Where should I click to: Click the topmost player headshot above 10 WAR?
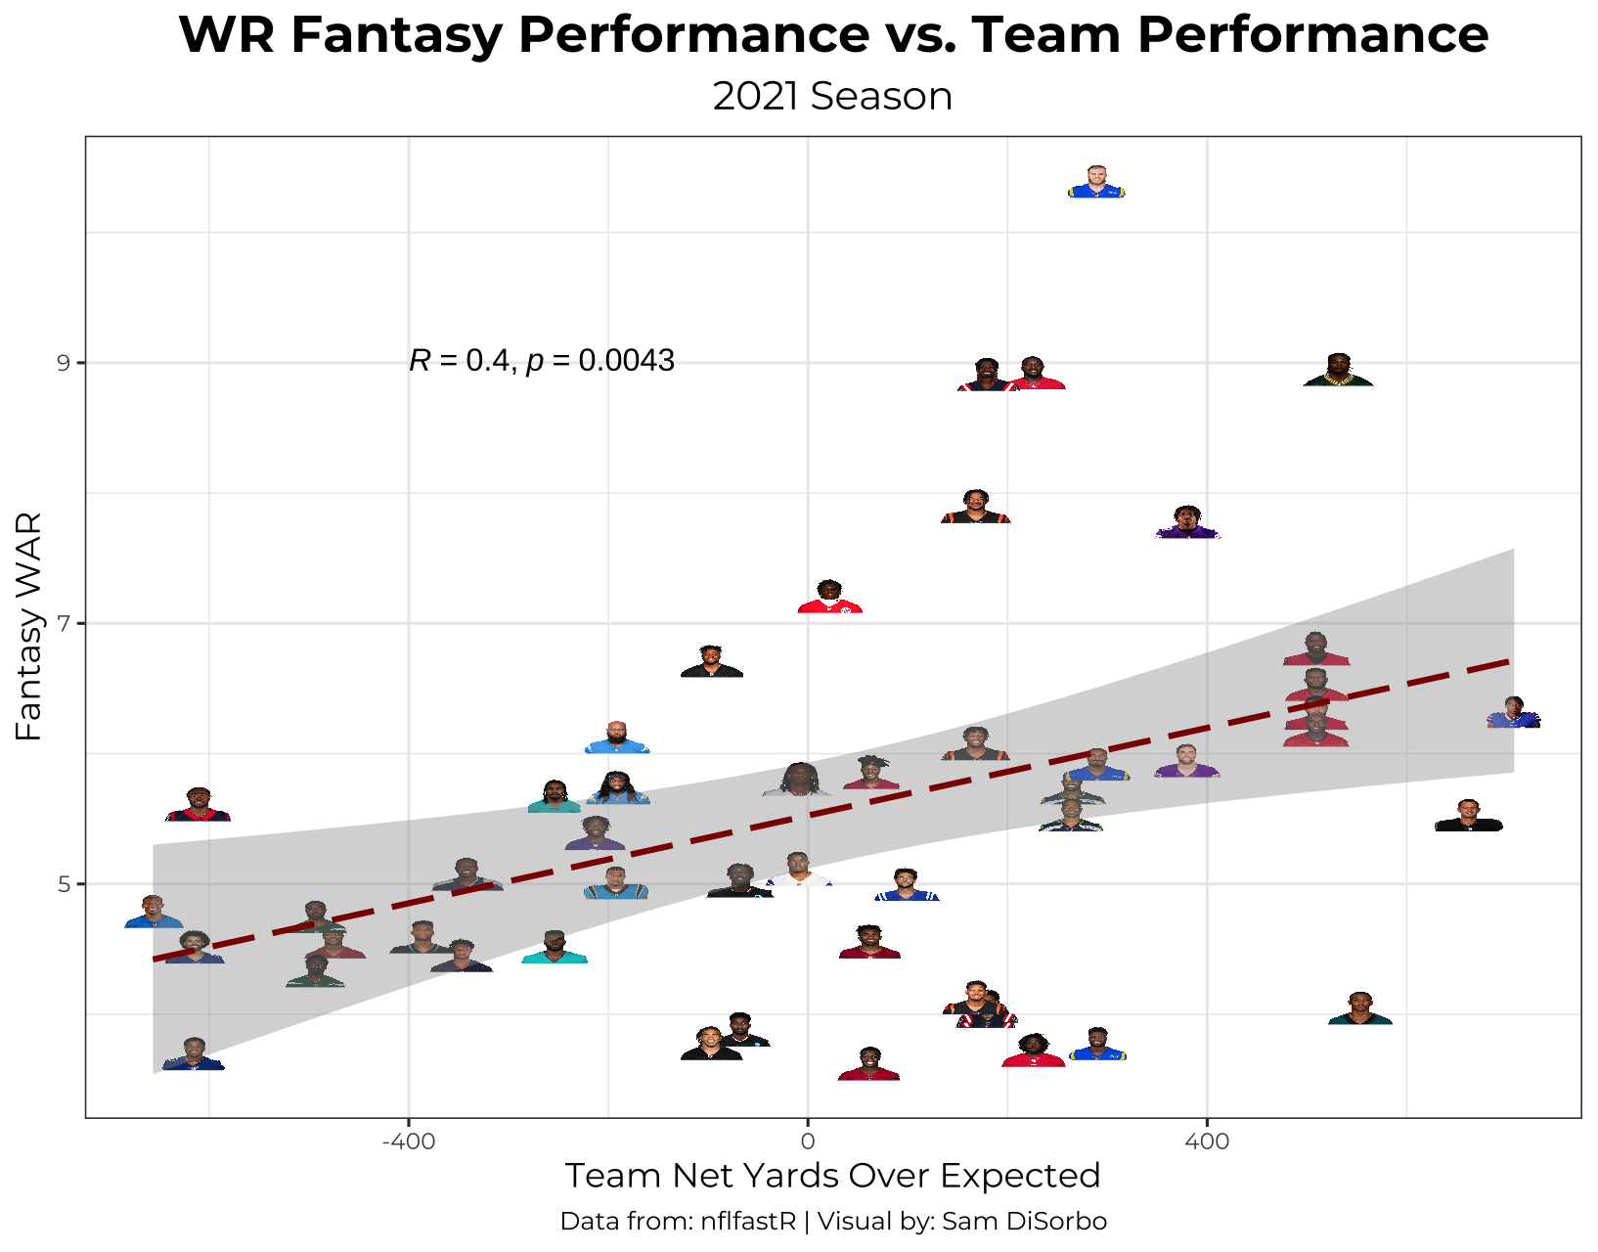tap(1095, 183)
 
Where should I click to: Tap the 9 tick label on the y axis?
tap(65, 364)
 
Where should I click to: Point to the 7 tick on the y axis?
tap(65, 624)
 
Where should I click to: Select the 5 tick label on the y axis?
tap(65, 885)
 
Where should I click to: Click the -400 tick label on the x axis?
tap(408, 1140)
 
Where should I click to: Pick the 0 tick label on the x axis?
tap(808, 1140)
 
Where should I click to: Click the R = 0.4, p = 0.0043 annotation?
tap(542, 361)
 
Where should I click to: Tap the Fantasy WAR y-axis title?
tap(29, 626)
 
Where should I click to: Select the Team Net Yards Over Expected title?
tap(833, 1175)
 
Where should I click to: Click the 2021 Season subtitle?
tap(833, 97)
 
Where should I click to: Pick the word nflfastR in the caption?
tap(748, 1222)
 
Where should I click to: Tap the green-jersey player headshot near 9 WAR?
tap(1338, 371)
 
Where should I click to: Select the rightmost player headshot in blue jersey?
tap(1513, 713)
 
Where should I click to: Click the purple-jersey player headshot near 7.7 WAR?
tap(1187, 523)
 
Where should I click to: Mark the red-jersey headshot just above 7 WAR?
tap(829, 597)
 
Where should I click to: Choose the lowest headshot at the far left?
tap(194, 1054)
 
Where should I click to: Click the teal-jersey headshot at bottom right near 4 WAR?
tap(1359, 1008)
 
